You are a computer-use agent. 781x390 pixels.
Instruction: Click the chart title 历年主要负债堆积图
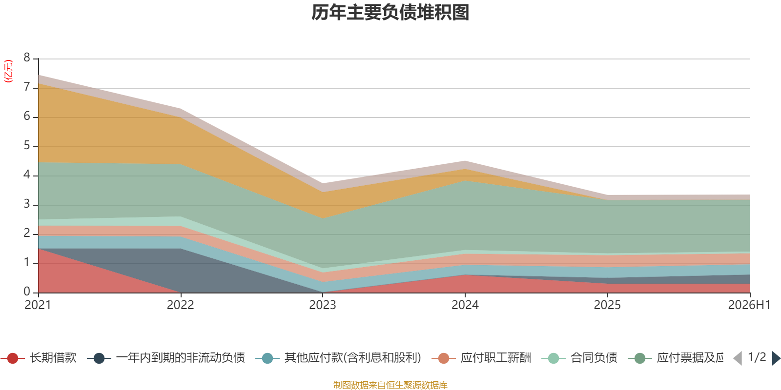tap(390, 13)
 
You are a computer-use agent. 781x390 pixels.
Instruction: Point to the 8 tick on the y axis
tap(27, 58)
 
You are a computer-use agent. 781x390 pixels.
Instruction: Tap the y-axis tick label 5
tap(27, 146)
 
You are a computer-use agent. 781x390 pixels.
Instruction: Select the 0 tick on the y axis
tap(27, 292)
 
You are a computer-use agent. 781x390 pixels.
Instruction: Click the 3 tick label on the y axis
tap(27, 204)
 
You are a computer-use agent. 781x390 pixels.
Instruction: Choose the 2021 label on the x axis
tap(38, 305)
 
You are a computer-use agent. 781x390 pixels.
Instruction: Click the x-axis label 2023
tap(323, 305)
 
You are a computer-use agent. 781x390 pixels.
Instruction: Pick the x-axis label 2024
tap(465, 305)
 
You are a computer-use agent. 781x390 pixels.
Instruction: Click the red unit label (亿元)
tap(8, 71)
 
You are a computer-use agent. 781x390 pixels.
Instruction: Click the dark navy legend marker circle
tap(99, 358)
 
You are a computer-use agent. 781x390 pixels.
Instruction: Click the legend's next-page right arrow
tap(776, 358)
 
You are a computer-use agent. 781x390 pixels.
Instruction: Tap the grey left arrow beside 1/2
tap(738, 358)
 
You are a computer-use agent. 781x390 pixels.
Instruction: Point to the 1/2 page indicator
tap(757, 357)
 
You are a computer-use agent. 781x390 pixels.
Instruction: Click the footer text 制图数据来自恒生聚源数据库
tap(390, 385)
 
